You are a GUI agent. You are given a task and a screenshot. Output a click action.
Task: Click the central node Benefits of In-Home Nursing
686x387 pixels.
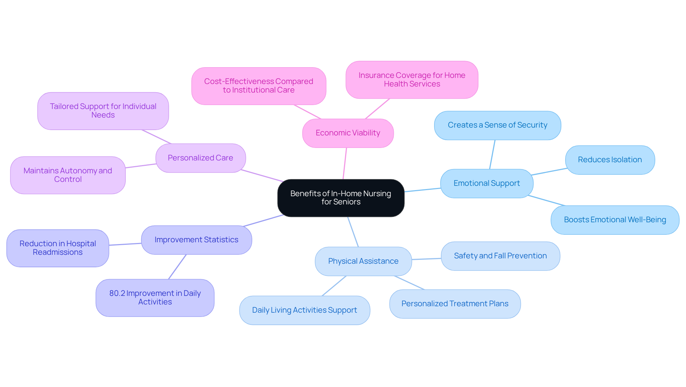coord(340,198)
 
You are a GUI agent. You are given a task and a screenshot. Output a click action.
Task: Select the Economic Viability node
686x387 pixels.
coord(348,133)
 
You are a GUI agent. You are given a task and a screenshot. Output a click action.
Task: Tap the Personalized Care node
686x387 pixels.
coord(200,158)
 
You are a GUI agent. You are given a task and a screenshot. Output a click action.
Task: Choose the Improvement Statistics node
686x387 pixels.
coord(196,240)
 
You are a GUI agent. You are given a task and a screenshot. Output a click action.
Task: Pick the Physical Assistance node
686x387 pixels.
coord(363,261)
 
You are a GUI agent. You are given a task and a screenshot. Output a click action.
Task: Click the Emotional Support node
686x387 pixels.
coord(487,183)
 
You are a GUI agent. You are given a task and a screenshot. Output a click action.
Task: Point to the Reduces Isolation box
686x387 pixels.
coord(610,160)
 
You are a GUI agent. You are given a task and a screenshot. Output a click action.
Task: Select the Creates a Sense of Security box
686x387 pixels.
coord(497,125)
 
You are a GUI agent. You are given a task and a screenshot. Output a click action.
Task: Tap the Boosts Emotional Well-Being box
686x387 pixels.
coord(615,220)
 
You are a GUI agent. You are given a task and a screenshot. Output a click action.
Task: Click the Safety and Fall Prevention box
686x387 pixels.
coord(500,256)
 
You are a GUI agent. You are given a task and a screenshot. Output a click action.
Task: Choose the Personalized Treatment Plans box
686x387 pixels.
coord(454,304)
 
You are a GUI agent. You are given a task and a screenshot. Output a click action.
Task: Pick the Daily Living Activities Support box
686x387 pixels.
coord(304,310)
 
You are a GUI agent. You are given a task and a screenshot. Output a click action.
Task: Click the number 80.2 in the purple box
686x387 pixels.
coord(117,293)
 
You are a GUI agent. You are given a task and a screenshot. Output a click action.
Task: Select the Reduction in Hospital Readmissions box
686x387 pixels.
coord(58,248)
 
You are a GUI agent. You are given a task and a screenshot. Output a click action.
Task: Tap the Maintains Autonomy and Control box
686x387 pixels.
coord(68,175)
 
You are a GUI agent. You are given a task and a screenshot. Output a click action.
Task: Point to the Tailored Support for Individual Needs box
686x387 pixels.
coord(103,111)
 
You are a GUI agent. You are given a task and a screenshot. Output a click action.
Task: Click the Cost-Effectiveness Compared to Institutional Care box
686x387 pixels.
coord(258,86)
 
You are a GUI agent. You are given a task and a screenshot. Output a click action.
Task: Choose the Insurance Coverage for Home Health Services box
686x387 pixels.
coord(412,80)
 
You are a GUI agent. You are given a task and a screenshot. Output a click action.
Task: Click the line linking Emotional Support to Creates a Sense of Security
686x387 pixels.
coord(492,154)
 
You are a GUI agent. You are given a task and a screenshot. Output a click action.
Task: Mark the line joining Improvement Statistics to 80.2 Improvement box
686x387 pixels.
coord(177,267)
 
